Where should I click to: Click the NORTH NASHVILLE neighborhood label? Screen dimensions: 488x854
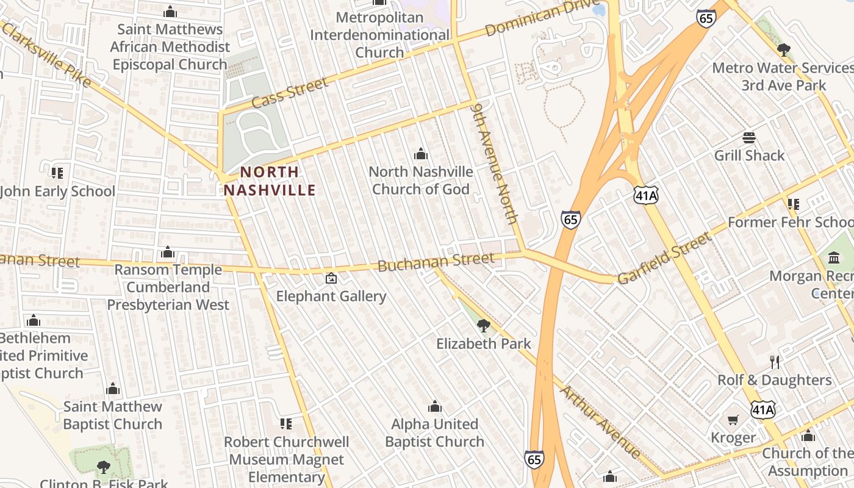[270, 181]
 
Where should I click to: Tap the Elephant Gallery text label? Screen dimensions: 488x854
[331, 296]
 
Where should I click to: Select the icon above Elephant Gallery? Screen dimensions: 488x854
[331, 278]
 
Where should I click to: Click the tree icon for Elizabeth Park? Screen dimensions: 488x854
[483, 325]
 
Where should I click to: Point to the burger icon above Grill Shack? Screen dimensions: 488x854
[749, 138]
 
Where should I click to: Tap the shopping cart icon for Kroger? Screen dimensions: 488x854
[733, 420]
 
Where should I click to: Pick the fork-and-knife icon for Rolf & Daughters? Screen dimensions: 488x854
[775, 362]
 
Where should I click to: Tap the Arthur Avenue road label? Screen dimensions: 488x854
[601, 422]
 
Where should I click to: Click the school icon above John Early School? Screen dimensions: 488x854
[57, 173]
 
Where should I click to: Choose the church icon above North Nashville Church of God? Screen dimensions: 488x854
[420, 154]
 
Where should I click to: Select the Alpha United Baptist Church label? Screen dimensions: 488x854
[434, 432]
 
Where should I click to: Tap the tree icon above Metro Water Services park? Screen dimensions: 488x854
[784, 50]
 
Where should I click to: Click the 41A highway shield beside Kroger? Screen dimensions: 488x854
[763, 409]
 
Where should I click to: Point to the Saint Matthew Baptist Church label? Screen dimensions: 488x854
[113, 415]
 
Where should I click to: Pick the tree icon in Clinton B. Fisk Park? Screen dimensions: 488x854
[104, 467]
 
